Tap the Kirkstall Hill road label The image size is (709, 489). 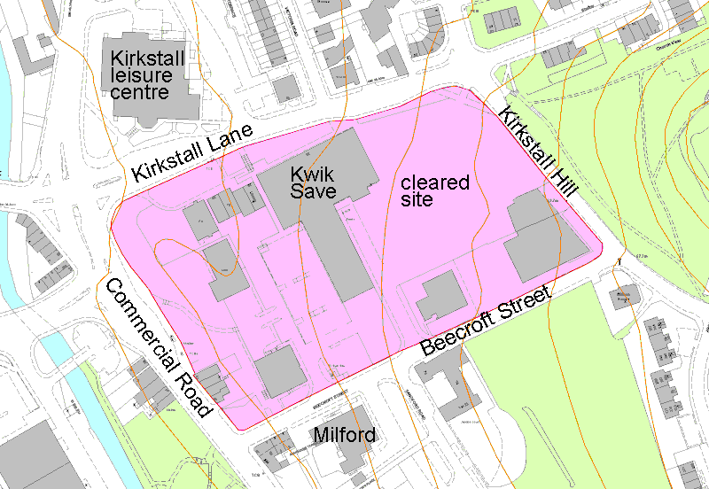pyautogui.click(x=538, y=151)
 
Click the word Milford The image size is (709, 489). pyautogui.click(x=345, y=436)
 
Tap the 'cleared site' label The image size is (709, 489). pyautogui.click(x=434, y=191)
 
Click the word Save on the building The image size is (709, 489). pyautogui.click(x=309, y=191)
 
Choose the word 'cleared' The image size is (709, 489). pyautogui.click(x=434, y=183)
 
